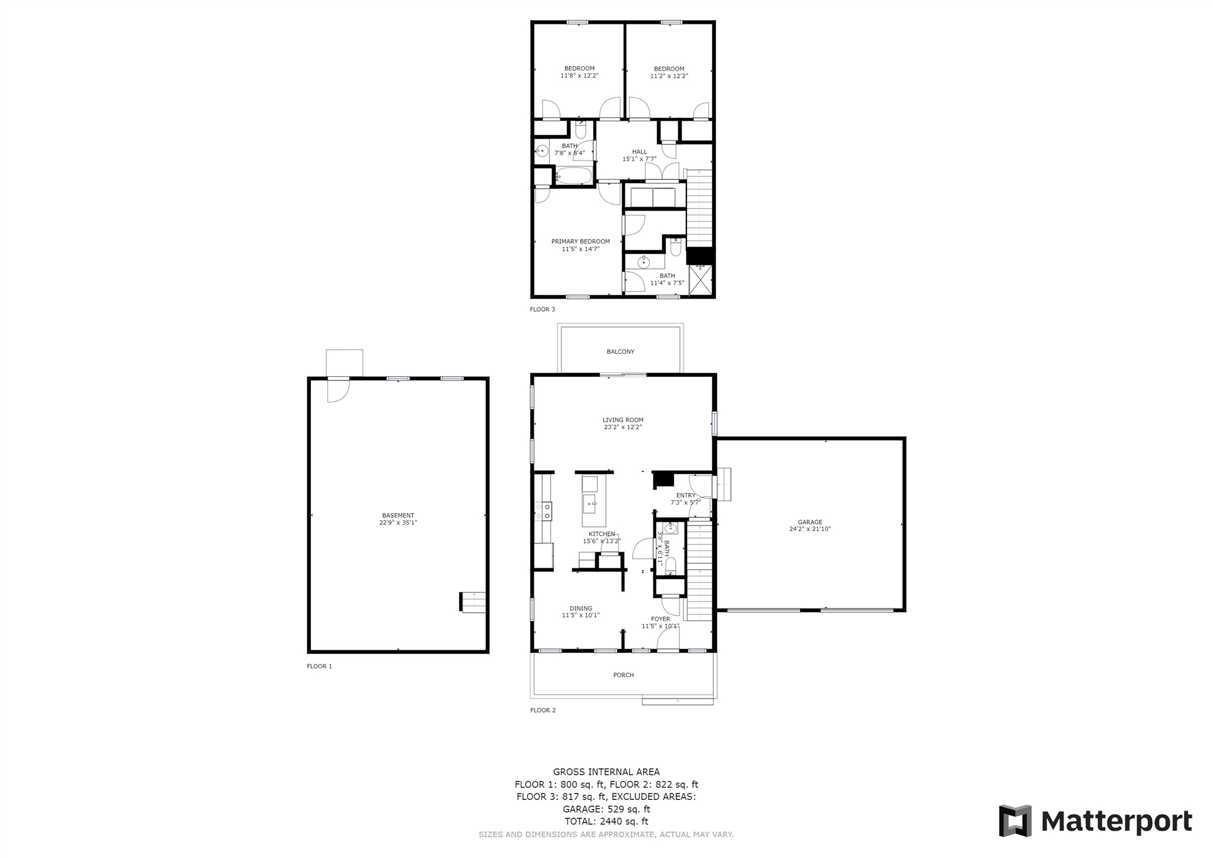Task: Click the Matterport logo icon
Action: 1015,821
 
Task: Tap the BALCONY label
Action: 620,352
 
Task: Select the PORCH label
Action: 623,675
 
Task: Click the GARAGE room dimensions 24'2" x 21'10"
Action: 810,529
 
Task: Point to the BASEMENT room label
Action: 398,516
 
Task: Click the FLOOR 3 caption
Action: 543,309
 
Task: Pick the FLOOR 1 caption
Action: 319,666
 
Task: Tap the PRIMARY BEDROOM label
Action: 580,242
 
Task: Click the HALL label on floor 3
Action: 640,152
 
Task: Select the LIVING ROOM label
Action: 622,420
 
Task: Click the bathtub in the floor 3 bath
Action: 573,176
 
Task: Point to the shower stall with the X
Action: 700,280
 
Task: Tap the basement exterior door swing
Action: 338,390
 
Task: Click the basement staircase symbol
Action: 473,602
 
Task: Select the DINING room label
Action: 580,609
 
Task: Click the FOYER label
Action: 660,619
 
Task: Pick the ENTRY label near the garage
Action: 686,495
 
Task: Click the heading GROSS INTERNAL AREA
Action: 606,772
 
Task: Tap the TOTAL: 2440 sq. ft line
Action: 606,822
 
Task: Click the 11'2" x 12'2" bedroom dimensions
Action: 669,76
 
